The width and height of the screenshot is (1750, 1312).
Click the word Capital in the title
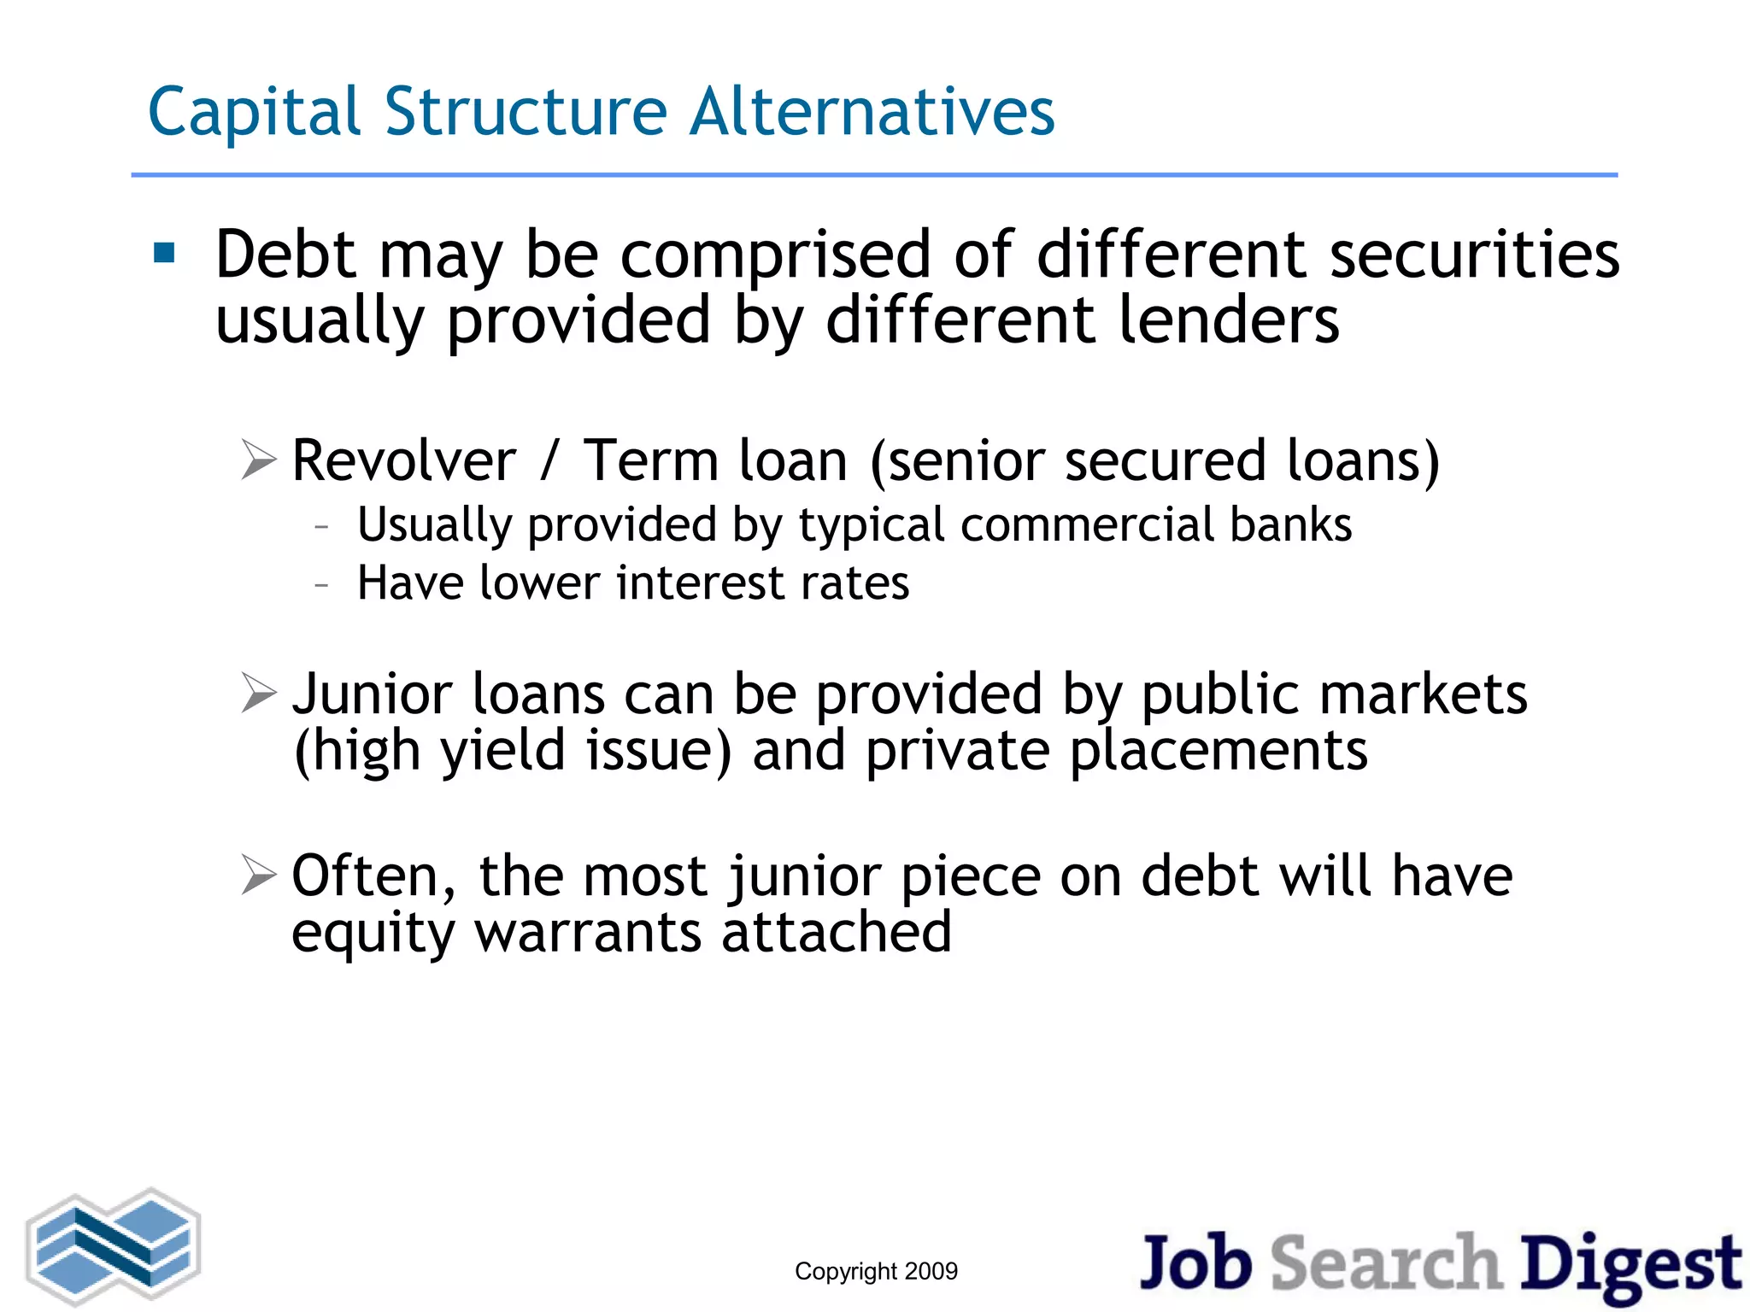pyautogui.click(x=254, y=113)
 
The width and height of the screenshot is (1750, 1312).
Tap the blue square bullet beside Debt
pyautogui.click(x=164, y=253)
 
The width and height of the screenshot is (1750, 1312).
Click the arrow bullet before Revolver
pyautogui.click(x=259, y=460)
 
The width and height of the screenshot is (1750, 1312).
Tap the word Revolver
pyautogui.click(x=404, y=461)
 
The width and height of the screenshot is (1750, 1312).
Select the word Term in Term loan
pyautogui.click(x=650, y=461)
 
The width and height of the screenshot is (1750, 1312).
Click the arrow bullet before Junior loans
pyautogui.click(x=259, y=693)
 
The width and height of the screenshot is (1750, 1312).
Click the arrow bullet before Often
pyautogui.click(x=259, y=875)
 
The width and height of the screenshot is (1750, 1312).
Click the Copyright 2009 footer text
pyautogui.click(x=876, y=1271)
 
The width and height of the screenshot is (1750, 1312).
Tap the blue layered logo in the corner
pyautogui.click(x=114, y=1246)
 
